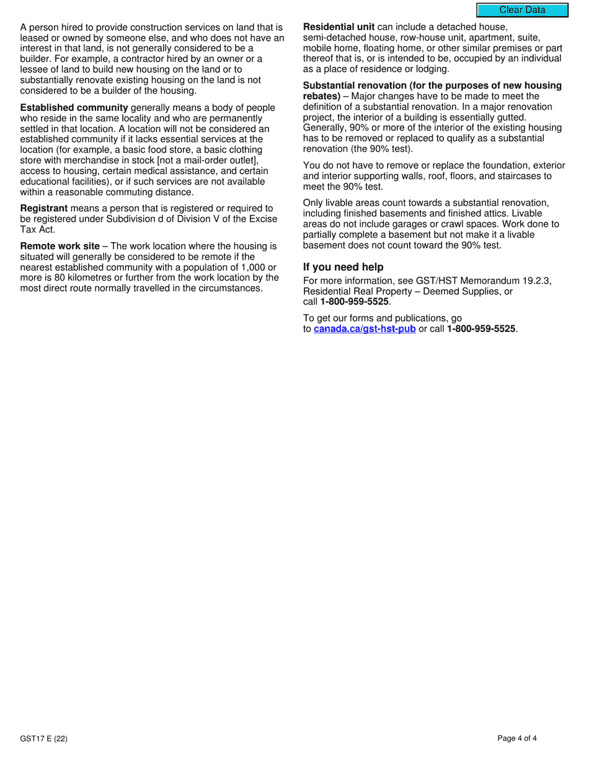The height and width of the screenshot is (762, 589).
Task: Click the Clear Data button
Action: pos(522,10)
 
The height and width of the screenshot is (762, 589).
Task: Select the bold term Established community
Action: pos(74,108)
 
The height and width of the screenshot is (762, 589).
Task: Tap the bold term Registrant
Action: pos(43,208)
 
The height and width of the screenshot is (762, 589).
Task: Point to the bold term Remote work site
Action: pos(60,246)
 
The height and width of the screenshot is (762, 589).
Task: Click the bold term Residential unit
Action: pos(339,27)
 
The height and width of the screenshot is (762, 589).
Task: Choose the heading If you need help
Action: pos(343,267)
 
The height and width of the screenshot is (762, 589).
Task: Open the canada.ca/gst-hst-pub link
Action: pos(365,329)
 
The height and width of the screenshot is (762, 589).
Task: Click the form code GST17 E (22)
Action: pos(43,738)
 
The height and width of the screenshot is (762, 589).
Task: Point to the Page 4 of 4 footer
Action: pos(517,738)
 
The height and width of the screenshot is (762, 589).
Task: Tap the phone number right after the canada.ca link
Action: pos(481,329)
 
